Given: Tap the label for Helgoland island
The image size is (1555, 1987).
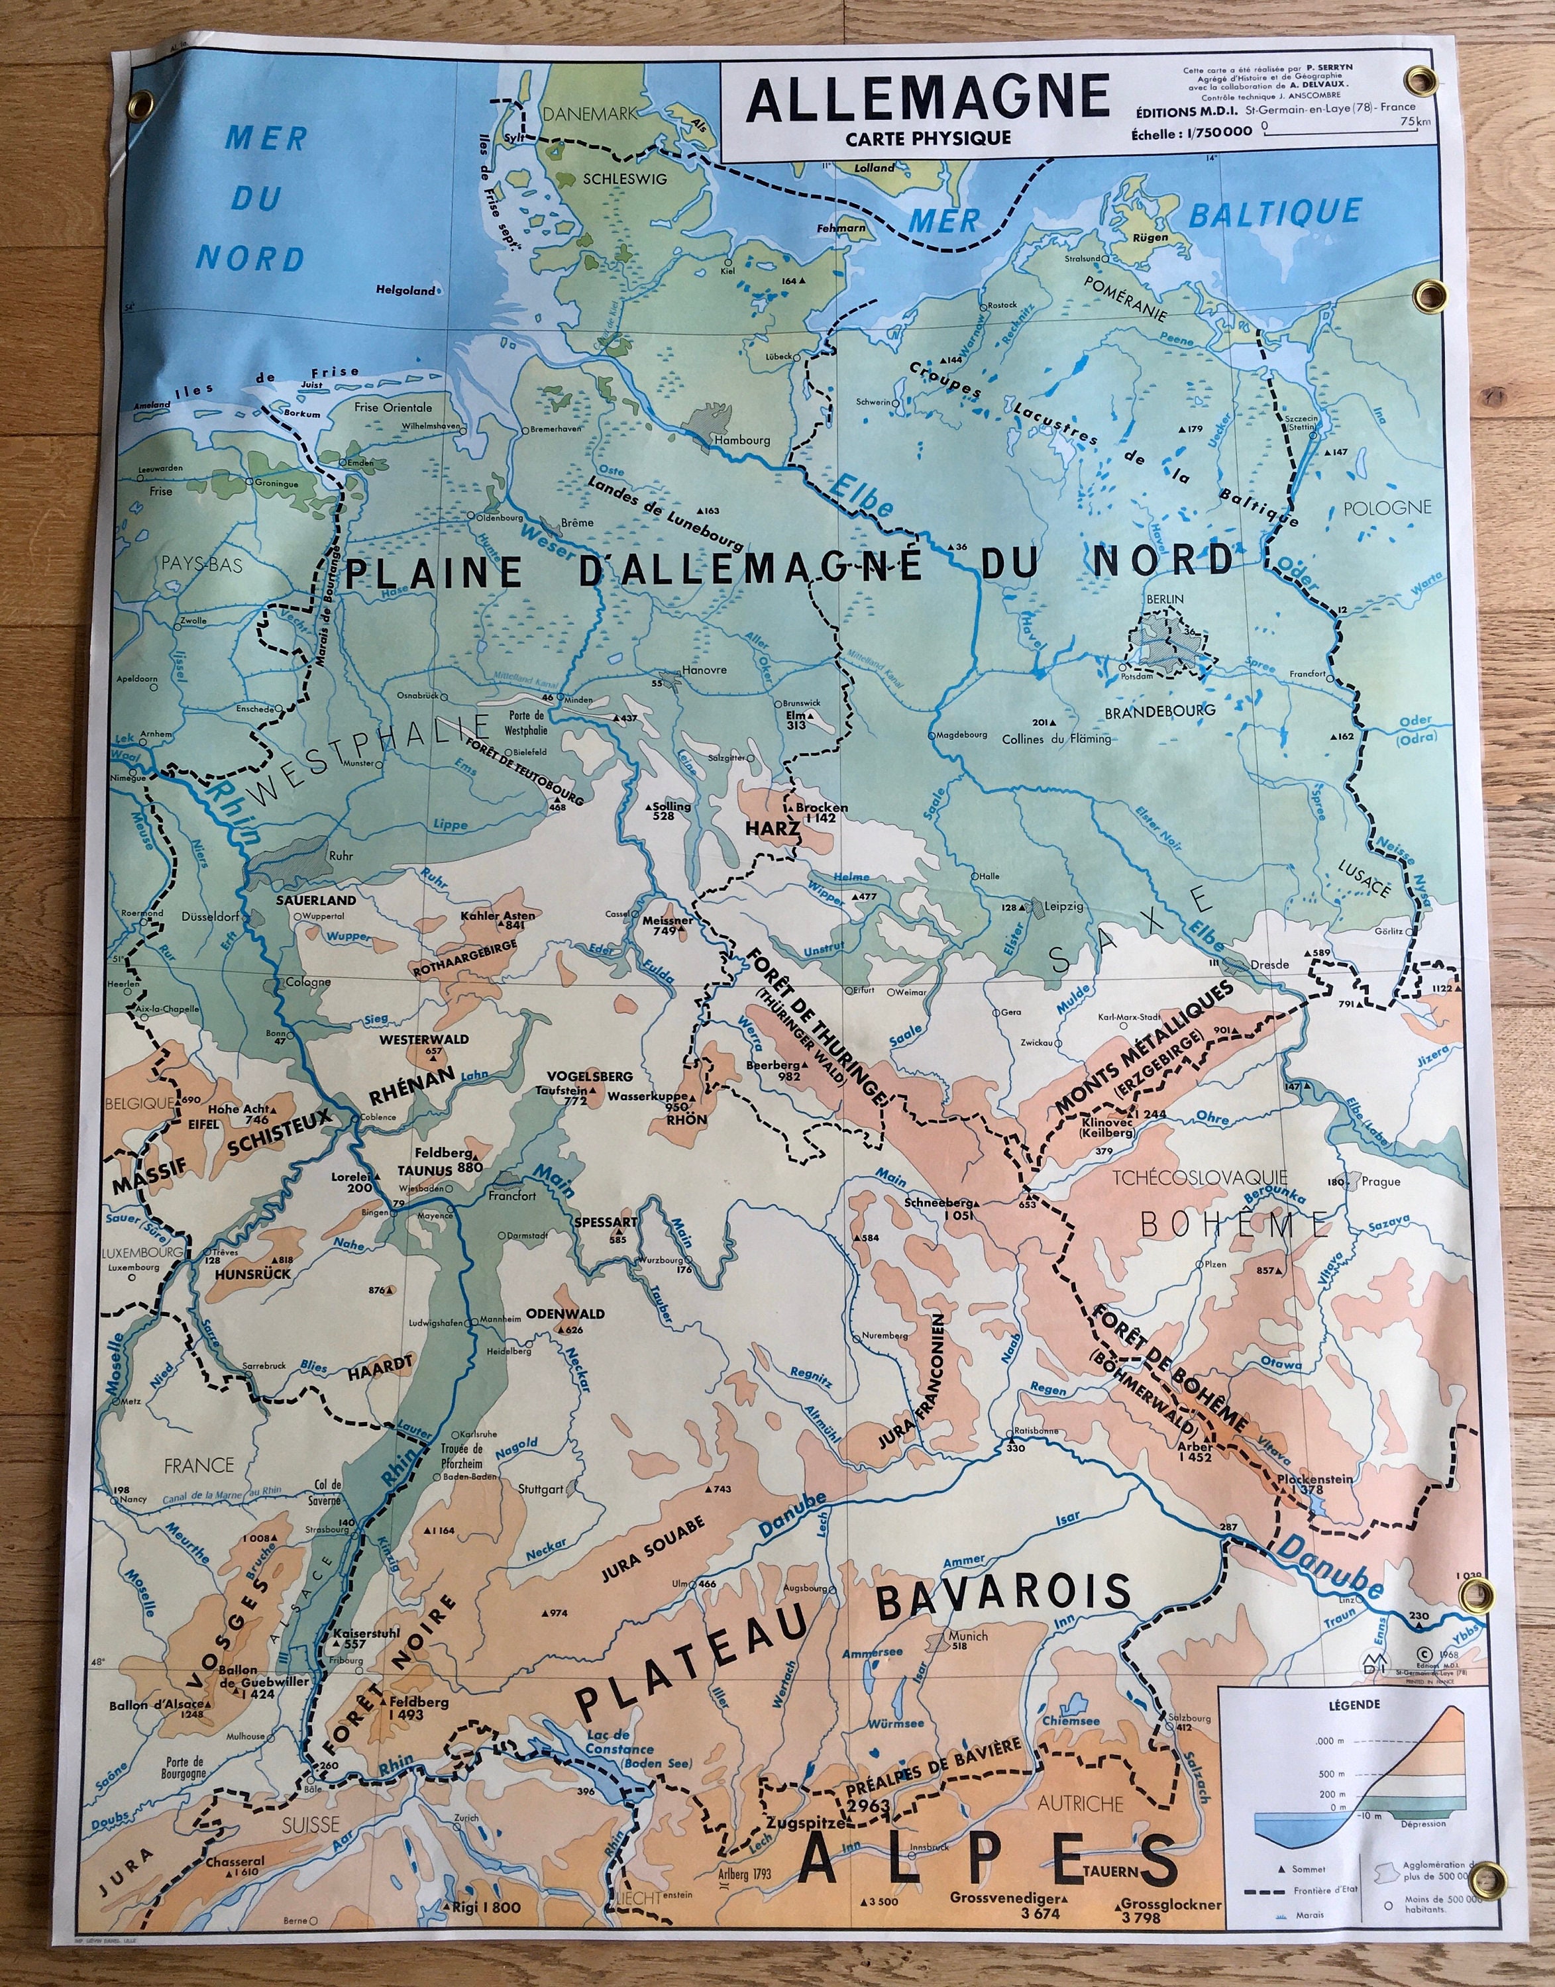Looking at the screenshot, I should click(x=406, y=291).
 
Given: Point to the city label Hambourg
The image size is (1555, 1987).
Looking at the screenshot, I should click(x=741, y=440).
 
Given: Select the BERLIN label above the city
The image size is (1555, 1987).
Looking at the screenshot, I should click(x=1165, y=599).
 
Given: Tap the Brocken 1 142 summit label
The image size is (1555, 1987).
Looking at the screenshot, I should click(x=820, y=813).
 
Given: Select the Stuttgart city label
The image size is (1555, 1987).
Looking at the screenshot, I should click(x=540, y=1489).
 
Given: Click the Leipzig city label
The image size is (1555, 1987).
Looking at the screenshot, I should click(x=1063, y=907).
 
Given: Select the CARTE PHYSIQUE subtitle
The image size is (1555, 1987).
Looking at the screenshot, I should click(x=927, y=138).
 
